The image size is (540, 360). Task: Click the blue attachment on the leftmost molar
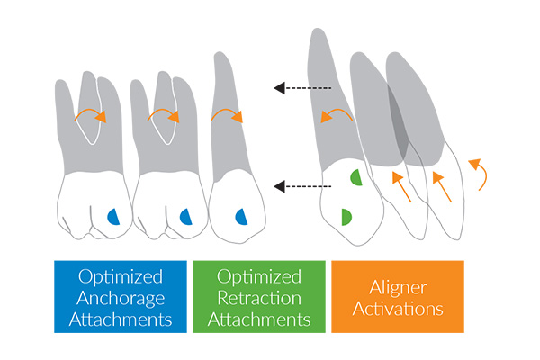point(113,216)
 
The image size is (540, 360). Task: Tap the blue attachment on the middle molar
point(185,216)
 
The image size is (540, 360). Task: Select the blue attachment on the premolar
point(240,216)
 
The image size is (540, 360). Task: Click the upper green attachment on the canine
point(355,178)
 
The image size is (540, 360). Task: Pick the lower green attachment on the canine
point(346,217)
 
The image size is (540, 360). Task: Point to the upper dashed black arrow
point(302,88)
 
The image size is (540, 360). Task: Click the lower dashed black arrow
point(302,186)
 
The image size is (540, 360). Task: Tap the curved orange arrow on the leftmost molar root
point(90,115)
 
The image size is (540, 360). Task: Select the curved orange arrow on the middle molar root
point(164,115)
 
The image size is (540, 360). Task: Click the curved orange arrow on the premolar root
point(227,115)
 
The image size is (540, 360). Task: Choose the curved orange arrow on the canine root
point(337,113)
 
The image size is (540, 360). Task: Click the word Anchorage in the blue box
point(121,297)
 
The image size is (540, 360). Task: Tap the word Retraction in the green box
point(258,297)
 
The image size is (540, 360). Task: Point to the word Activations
point(397,309)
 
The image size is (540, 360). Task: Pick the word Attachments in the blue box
point(121,319)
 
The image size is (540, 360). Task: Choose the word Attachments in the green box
point(258,319)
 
